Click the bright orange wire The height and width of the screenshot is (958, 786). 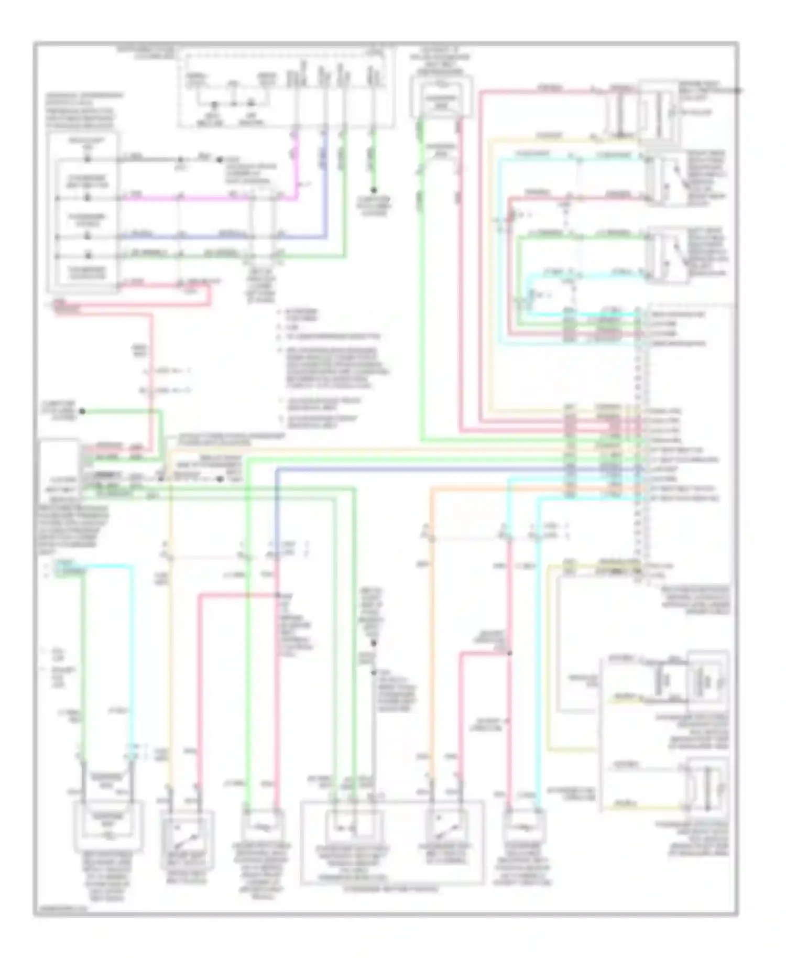tap(431, 629)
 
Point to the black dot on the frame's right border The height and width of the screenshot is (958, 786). tap(738, 91)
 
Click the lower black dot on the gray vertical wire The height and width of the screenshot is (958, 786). tap(374, 672)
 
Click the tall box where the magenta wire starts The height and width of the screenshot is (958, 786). tap(82, 212)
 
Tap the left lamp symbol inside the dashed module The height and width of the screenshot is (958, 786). tap(214, 104)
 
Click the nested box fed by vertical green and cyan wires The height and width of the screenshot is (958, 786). tap(108, 832)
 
